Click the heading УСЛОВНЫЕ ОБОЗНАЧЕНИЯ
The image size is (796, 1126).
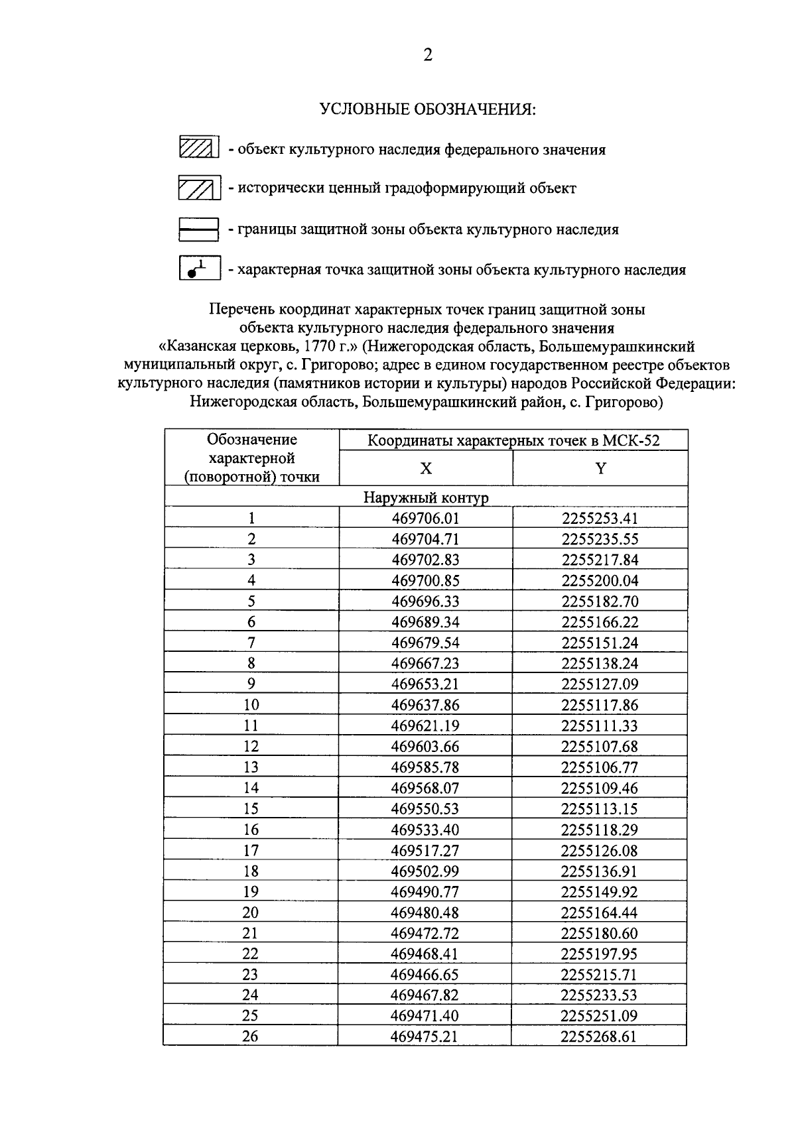point(428,109)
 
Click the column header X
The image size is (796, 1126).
point(426,469)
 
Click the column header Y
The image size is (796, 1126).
point(600,469)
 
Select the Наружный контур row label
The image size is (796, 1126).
point(426,497)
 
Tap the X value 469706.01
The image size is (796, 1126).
point(426,519)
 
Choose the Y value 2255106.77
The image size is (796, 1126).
point(600,767)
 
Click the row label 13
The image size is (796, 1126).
point(251,767)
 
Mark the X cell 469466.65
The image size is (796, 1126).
point(426,975)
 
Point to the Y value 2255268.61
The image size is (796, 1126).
point(600,1036)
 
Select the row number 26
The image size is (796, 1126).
point(251,1036)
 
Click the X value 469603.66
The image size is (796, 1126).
point(426,747)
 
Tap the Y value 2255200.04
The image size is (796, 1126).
point(600,581)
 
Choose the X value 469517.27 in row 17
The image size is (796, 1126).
point(426,850)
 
